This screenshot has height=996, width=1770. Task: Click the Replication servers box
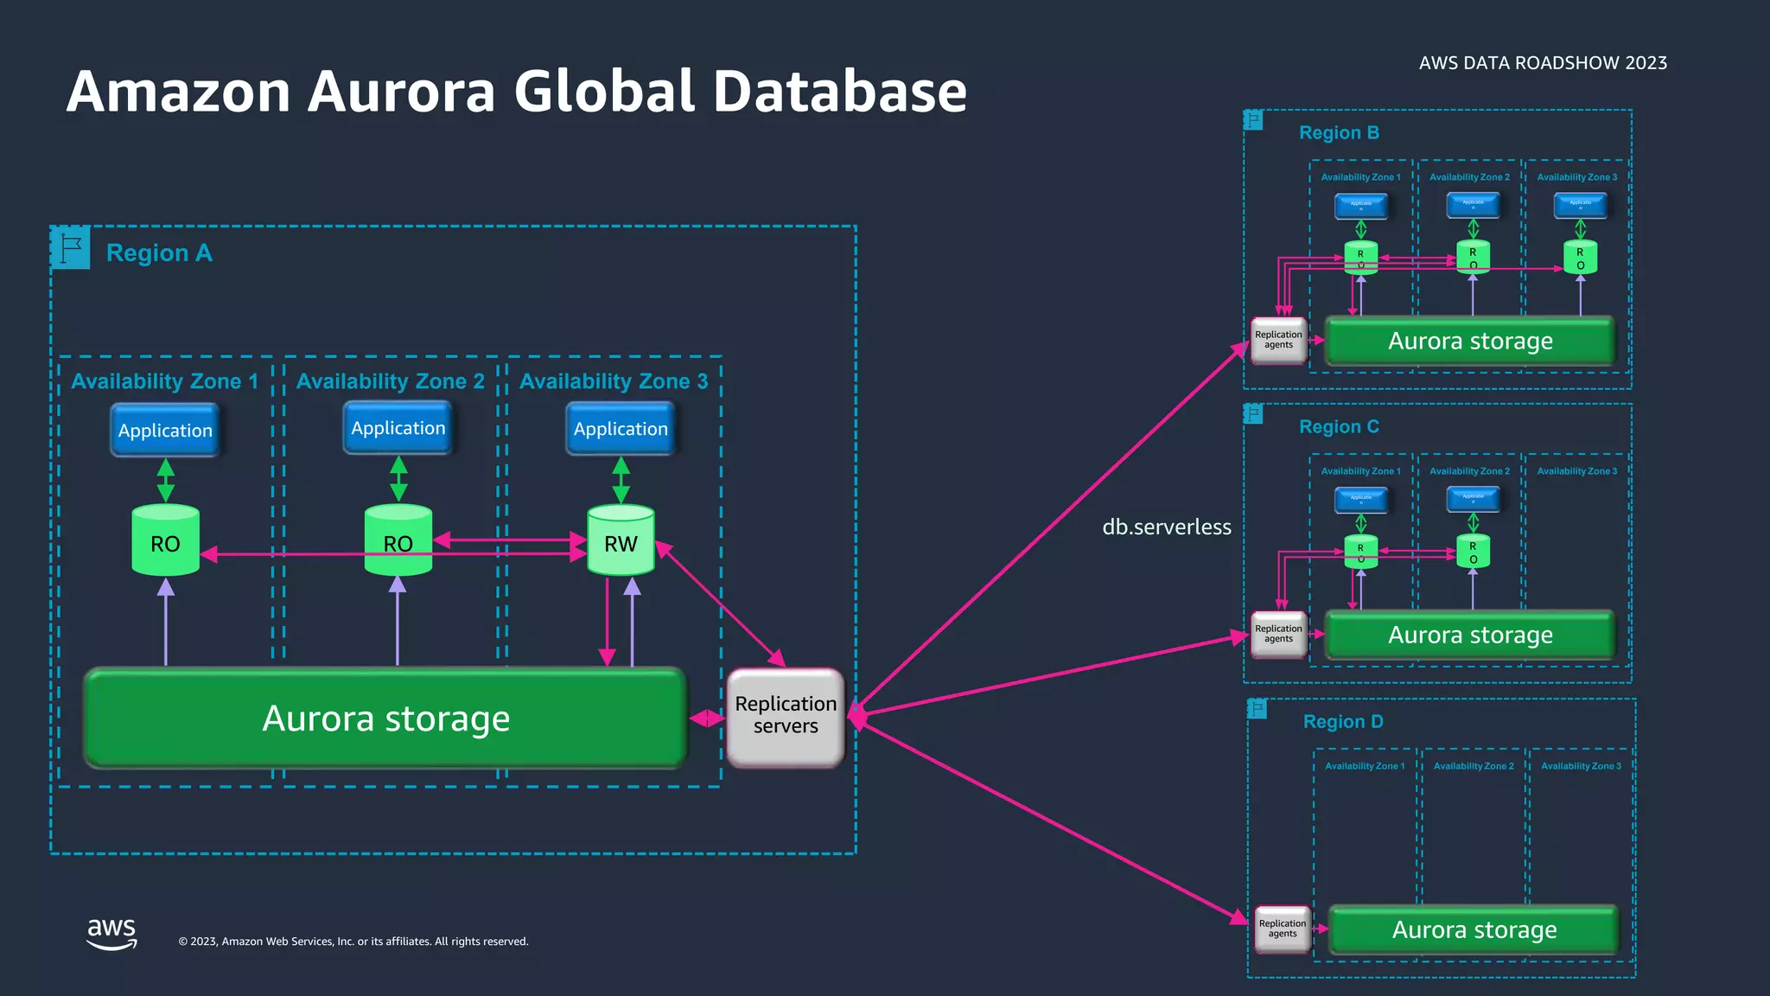pyautogui.click(x=785, y=716)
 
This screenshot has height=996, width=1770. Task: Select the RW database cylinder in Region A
pyautogui.click(x=621, y=543)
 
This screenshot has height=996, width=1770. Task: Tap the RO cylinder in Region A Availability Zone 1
pyautogui.click(x=165, y=543)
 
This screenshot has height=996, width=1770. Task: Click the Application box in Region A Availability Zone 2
pyautogui.click(x=398, y=428)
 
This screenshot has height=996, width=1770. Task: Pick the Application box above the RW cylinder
pyautogui.click(x=621, y=429)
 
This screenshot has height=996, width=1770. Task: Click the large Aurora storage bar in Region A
pyautogui.click(x=385, y=718)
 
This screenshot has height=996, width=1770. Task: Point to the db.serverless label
pyautogui.click(x=1166, y=527)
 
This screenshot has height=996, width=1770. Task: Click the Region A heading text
pyautogui.click(x=159, y=253)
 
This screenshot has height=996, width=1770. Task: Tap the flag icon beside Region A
pyautogui.click(x=71, y=248)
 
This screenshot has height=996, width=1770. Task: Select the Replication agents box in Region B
pyautogui.click(x=1278, y=340)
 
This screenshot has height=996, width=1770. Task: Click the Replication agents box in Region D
pyautogui.click(x=1283, y=929)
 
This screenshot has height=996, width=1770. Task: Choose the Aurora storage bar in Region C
pyautogui.click(x=1469, y=635)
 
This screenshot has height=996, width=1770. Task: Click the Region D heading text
pyautogui.click(x=1343, y=721)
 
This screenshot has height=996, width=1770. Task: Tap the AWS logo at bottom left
pyautogui.click(x=111, y=933)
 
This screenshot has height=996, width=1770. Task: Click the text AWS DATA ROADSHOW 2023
pyautogui.click(x=1543, y=63)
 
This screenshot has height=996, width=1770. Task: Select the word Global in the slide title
pyautogui.click(x=604, y=92)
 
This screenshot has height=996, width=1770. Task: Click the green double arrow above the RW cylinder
pyautogui.click(x=621, y=480)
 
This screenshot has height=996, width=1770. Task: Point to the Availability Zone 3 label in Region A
pyautogui.click(x=614, y=381)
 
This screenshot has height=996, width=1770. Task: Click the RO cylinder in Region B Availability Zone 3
pyautogui.click(x=1580, y=258)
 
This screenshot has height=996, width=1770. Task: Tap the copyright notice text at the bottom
pyautogui.click(x=353, y=942)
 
